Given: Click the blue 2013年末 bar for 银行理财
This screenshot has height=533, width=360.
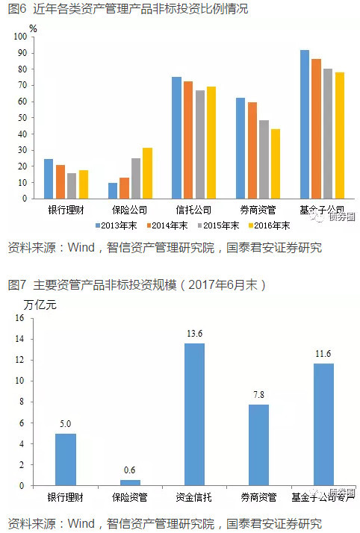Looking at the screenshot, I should tap(49, 179).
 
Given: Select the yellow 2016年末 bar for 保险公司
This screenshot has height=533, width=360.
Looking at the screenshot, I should tap(147, 173).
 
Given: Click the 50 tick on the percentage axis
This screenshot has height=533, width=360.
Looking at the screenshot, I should tap(25, 117).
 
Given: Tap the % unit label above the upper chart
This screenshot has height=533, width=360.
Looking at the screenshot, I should tap(32, 28).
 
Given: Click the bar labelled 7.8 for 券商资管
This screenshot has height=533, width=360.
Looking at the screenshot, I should tap(258, 445).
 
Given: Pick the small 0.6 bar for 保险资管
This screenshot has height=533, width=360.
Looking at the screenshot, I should tap(130, 482).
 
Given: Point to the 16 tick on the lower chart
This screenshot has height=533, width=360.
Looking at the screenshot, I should tap(20, 318).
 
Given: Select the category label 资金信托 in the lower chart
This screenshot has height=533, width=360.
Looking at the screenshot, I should tap(194, 496).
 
